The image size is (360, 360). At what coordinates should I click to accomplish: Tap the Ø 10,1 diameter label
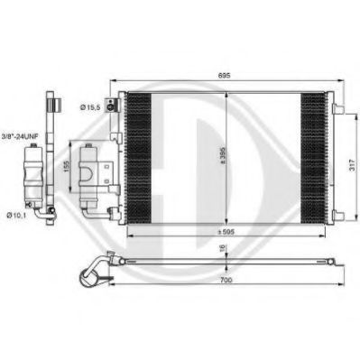pyautogui.click(x=17, y=215)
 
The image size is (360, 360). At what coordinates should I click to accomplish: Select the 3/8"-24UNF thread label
pyautogui.click(x=19, y=136)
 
